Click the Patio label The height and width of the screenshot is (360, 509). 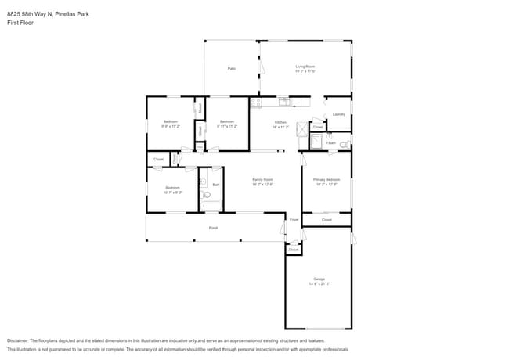point(232,69)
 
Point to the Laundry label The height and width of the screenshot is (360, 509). point(338,114)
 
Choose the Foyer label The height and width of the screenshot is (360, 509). point(294,221)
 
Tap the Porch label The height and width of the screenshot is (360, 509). point(213,228)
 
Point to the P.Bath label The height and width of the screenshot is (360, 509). point(331,143)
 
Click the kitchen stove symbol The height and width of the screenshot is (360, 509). point(255,103)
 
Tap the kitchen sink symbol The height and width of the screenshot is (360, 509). point(283,101)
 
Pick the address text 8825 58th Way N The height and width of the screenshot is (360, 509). point(28,13)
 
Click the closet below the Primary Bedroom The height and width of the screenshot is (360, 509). point(327,220)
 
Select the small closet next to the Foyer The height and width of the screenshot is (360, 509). point(293,250)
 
